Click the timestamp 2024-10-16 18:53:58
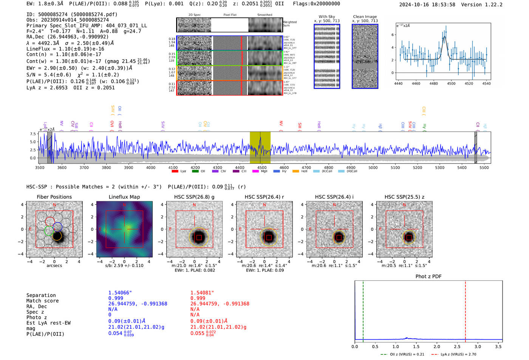(427, 5)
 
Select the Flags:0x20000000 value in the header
(316, 4)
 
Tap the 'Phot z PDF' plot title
(428, 277)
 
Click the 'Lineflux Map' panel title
(124, 197)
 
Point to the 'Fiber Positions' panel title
(54, 197)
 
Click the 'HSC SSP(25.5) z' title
(404, 197)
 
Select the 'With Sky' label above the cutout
(326, 17)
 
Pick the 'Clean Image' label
(365, 17)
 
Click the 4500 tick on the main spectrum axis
(261, 167)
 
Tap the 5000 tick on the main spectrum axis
(373, 167)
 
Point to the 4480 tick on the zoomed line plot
(433, 83)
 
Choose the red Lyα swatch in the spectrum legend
(175, 172)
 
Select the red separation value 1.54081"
(202, 292)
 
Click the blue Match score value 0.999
(116, 298)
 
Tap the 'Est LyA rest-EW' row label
(48, 323)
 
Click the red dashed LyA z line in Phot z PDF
(465, 310)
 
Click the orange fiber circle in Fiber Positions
(57, 236)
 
